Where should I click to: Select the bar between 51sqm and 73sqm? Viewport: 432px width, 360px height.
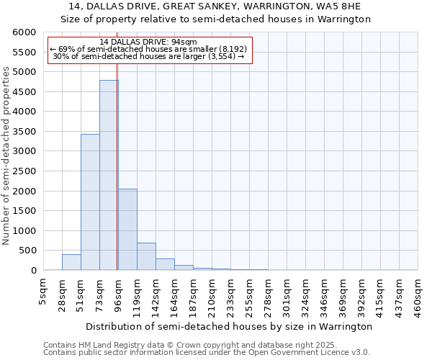[x=90, y=202]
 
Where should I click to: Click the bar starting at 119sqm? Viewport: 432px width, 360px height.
[x=146, y=256]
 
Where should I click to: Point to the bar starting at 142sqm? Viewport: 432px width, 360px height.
[x=165, y=264]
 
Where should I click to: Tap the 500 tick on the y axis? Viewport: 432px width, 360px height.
[x=28, y=251]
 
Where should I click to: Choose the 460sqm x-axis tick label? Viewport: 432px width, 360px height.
[x=418, y=295]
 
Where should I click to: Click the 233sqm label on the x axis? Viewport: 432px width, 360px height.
[x=230, y=295]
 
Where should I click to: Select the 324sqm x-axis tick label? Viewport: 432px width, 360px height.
[x=305, y=295]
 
